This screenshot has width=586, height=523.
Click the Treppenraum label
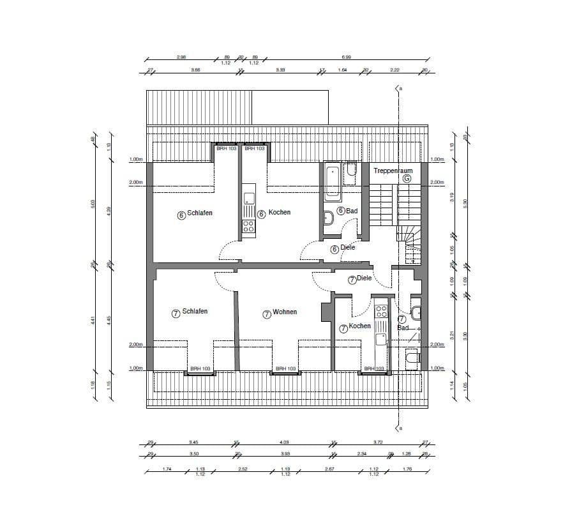393,171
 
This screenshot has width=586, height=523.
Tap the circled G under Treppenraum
406,179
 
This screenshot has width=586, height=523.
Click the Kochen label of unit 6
279,213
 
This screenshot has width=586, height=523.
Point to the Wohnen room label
284,313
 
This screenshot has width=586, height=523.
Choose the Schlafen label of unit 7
195,312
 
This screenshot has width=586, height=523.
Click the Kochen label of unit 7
359,326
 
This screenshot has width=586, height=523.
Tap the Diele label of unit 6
347,248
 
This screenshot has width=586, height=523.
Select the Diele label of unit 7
364,278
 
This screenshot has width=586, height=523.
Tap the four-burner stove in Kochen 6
248,227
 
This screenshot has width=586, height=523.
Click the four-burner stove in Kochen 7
381,311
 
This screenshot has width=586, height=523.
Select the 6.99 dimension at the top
345,57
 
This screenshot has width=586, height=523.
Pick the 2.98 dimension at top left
181,57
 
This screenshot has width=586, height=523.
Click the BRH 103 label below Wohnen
285,369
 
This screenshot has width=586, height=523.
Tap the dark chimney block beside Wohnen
326,310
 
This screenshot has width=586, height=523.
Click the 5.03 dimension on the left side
93,204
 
